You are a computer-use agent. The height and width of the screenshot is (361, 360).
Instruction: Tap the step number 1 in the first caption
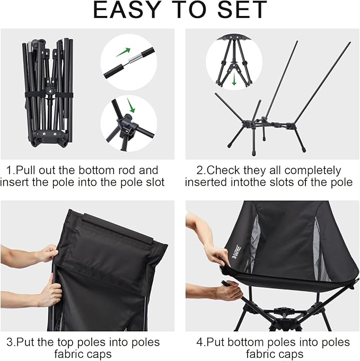(9, 170)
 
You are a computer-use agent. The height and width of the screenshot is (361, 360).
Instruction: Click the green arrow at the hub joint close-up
(129, 106)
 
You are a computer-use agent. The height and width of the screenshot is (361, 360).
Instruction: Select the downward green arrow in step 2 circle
(234, 80)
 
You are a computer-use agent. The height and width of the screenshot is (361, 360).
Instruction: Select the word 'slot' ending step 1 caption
(155, 183)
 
